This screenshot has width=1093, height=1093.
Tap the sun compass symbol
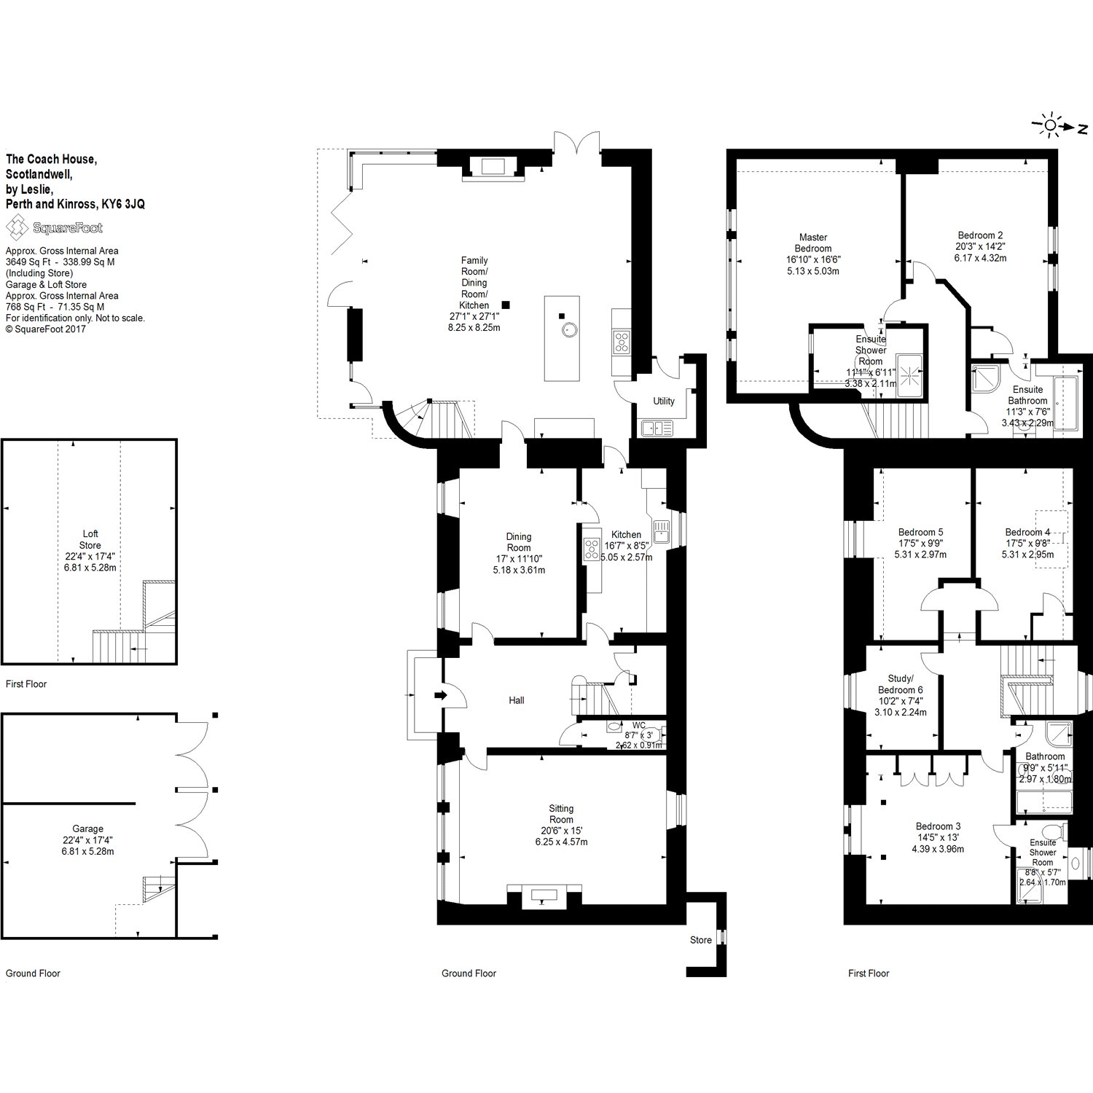tap(1050, 127)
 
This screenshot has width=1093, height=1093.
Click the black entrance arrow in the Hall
tap(440, 695)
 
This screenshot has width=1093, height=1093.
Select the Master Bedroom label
tap(813, 243)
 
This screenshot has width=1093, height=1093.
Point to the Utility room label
tap(664, 401)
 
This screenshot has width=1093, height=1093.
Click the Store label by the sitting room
tap(700, 940)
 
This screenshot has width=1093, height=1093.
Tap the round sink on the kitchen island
tap(568, 330)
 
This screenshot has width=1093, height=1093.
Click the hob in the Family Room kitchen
tap(622, 342)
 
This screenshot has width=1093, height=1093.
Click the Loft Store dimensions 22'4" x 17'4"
tap(90, 556)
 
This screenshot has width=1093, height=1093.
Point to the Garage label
tap(87, 828)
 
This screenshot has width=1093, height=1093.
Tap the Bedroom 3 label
tap(938, 826)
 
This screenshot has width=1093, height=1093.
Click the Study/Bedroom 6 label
tap(900, 684)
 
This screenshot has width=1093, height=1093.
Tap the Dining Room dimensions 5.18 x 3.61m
tap(519, 570)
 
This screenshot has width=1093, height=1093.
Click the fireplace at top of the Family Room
tap(493, 167)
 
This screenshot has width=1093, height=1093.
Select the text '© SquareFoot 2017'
tap(46, 329)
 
